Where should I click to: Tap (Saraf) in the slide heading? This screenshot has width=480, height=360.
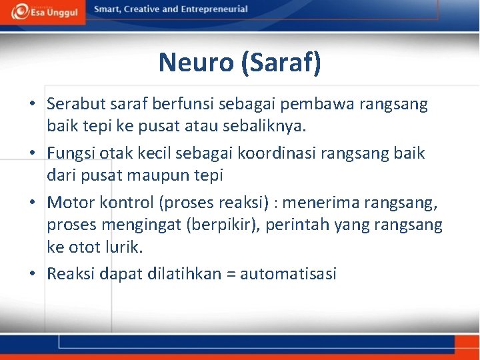tap(281, 63)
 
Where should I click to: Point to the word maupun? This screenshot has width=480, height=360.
tap(157, 175)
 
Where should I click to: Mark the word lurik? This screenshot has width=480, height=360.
tap(125, 247)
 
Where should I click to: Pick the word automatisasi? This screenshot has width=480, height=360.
tap(288, 274)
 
